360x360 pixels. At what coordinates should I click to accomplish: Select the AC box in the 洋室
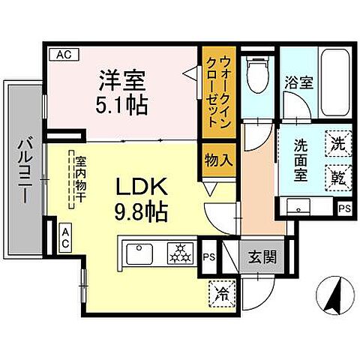(x=61, y=54)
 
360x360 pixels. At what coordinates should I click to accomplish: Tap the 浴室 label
(x=298, y=82)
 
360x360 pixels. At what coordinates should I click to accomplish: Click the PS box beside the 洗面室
(x=343, y=208)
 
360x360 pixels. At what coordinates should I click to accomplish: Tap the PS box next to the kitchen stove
(x=209, y=256)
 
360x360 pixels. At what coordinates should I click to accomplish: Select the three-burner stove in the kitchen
(x=180, y=255)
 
